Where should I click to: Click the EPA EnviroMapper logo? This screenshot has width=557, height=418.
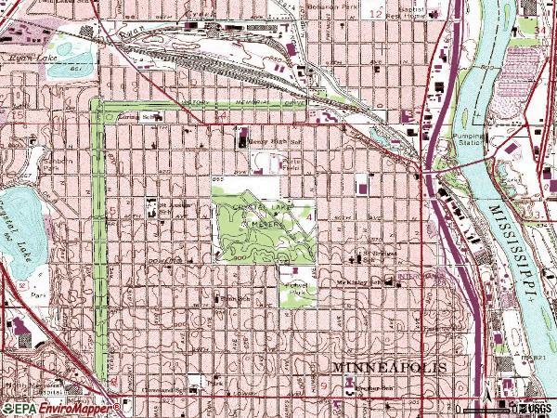60,408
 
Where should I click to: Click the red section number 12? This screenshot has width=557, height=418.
375,16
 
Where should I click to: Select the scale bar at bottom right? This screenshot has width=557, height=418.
483,409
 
